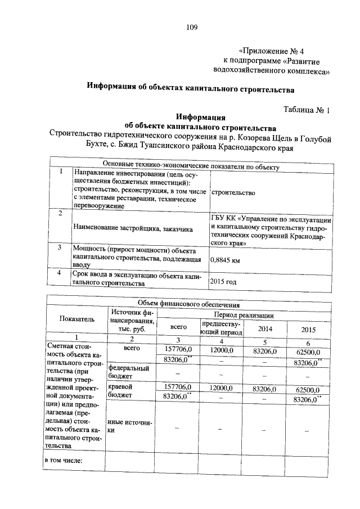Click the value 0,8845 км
pos(225,260)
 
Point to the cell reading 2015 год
pos(223,281)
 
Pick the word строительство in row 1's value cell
pos(233,193)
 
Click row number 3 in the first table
pos(60,247)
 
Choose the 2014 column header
pos(263,328)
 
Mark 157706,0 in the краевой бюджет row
pos(177,388)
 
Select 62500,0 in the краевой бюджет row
pos(307,389)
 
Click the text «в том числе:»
pos(63,461)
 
